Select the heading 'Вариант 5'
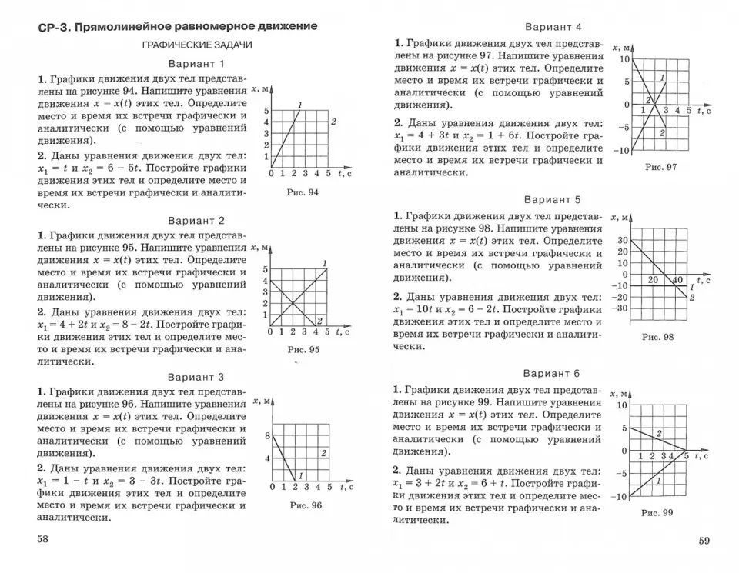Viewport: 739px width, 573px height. point(551,200)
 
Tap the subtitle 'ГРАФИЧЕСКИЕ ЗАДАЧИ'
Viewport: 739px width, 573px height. point(197,45)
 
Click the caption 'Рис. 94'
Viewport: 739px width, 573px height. point(302,192)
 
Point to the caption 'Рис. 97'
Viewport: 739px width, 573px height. point(660,167)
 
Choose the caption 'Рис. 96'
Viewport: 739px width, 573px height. point(306,505)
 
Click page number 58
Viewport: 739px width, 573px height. point(43,539)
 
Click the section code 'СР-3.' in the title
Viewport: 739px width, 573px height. point(55,27)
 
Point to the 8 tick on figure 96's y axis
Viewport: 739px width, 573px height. point(267,436)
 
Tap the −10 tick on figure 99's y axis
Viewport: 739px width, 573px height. point(619,497)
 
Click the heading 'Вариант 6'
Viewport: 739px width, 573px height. point(551,374)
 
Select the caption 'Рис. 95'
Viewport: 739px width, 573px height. point(303,350)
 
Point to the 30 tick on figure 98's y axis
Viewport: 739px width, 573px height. point(622,240)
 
